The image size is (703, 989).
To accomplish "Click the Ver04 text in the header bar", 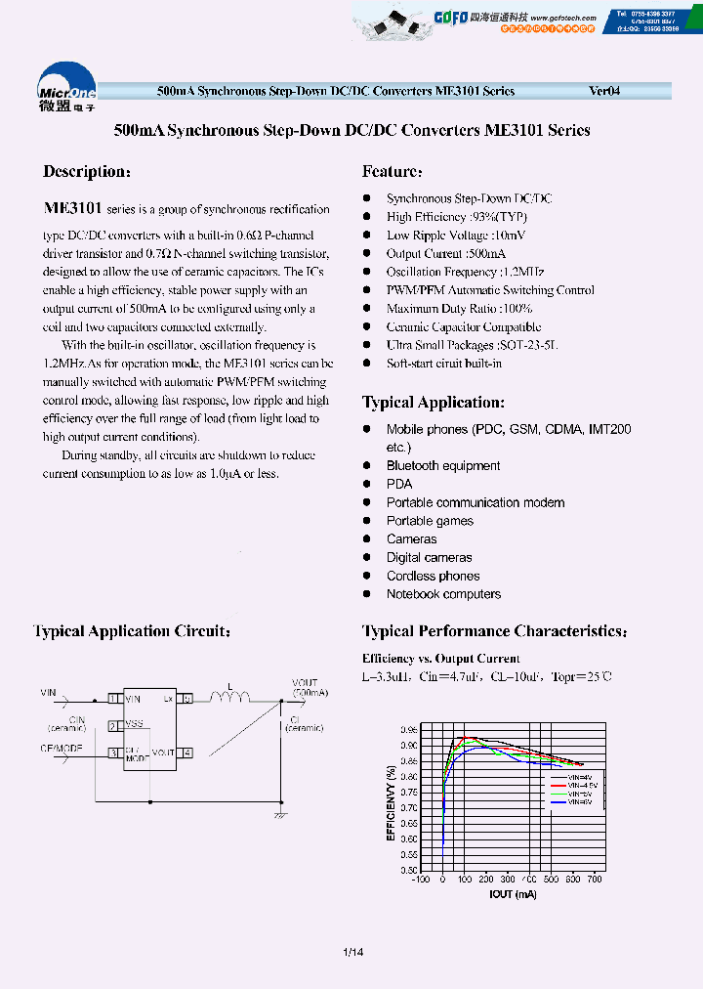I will (x=604, y=91).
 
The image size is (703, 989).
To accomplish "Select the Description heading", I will (x=87, y=172).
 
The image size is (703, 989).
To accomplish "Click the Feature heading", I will (x=393, y=172).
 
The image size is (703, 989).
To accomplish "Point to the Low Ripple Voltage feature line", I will (x=456, y=235).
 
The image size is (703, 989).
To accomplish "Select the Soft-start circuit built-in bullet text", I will (x=444, y=364).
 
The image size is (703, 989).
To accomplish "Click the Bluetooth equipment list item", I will (x=443, y=466).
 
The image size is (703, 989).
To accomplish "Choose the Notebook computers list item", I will (x=443, y=594).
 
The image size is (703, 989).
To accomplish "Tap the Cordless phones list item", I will (x=433, y=577).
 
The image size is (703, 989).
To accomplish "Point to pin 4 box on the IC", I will (x=186, y=752).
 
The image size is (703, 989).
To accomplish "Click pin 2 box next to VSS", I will (x=114, y=725).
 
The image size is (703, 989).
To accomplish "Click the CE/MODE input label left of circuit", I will (x=61, y=748).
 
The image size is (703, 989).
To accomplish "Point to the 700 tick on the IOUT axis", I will (x=595, y=880).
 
